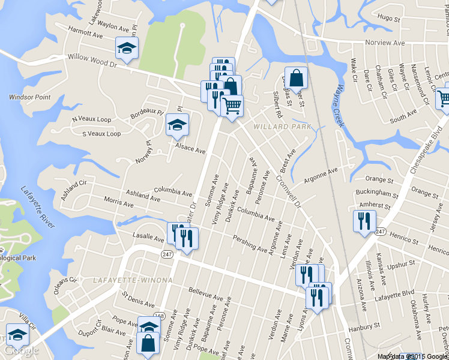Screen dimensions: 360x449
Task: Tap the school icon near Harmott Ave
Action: pos(127,48)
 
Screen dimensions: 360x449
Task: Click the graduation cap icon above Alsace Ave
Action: pos(177,125)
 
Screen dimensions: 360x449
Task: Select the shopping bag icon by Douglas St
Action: pos(296,77)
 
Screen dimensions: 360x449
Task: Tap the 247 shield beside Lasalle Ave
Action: pos(167,254)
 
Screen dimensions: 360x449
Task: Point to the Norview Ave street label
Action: pos(385,43)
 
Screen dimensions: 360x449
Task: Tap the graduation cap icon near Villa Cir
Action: pos(17,335)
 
